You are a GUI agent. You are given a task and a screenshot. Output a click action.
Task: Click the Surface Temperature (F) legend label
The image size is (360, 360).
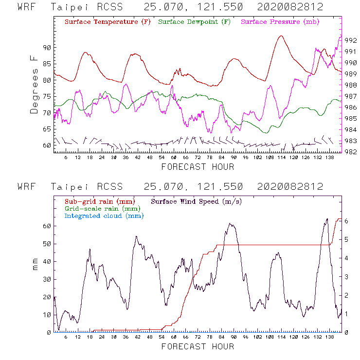pyautogui.click(x=108, y=22)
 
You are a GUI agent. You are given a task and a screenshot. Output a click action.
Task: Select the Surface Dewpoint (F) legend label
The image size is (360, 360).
pyautogui.click(x=195, y=22)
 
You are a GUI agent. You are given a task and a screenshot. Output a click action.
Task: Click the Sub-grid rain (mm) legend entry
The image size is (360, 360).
pyautogui.click(x=99, y=201)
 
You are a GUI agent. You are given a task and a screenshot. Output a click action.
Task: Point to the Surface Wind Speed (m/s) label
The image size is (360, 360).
pyautogui.click(x=197, y=201)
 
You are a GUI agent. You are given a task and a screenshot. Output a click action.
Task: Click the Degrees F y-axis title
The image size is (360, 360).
pyautogui.click(x=34, y=84)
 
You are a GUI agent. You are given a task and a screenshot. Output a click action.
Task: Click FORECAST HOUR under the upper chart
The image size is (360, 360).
pyautogui.click(x=198, y=167)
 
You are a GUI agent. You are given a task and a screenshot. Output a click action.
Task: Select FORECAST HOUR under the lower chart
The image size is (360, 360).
pyautogui.click(x=198, y=347)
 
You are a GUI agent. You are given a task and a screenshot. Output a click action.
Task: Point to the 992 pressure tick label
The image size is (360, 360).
pyautogui.click(x=351, y=40)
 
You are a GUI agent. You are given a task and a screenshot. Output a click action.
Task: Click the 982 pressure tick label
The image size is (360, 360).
pyautogui.click(x=351, y=152)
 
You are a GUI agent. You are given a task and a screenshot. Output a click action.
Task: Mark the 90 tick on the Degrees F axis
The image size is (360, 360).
pyautogui.click(x=47, y=48)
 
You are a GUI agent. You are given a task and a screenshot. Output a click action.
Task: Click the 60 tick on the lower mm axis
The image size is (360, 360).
pyautogui.click(x=46, y=226)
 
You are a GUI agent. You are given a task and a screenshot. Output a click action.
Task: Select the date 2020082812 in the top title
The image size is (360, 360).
pyautogui.click(x=290, y=7)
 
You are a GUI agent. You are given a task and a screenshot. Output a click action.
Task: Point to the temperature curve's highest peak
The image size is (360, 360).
pyautogui.click(x=281, y=36)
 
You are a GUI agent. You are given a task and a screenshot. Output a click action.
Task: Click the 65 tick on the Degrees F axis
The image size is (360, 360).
pyautogui.click(x=47, y=129)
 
